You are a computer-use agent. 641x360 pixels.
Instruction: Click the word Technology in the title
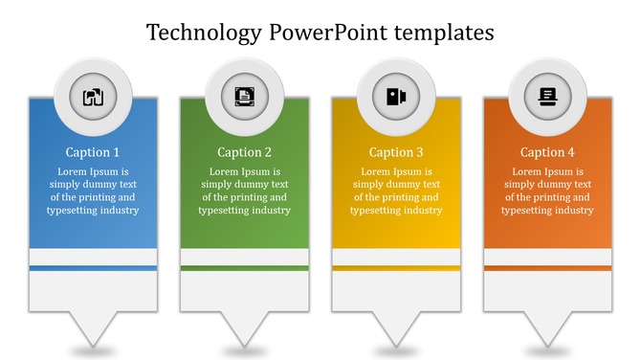coord(203,33)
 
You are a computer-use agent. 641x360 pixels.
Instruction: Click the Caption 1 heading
coord(93,152)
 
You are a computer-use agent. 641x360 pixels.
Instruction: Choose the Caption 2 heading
coord(244,152)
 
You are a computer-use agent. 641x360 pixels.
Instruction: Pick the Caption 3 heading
coord(396,152)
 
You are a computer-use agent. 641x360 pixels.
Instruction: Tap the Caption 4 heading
coord(547,152)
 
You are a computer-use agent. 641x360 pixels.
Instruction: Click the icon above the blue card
coord(93,96)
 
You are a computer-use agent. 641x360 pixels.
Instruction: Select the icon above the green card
coord(245,96)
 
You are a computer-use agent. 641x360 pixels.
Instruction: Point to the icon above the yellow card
coord(396,96)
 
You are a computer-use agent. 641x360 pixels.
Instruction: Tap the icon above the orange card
coord(547,96)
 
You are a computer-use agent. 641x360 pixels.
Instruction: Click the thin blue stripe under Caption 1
coord(93,268)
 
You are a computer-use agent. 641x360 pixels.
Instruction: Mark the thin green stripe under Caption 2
coord(244,268)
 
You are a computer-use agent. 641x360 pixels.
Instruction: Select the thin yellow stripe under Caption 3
coord(396,268)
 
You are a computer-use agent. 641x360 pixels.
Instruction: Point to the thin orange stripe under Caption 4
coord(547,268)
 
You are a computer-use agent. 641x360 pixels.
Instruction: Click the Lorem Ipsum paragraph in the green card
coord(244,191)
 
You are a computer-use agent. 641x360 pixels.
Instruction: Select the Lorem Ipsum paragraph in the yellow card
coord(396,191)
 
